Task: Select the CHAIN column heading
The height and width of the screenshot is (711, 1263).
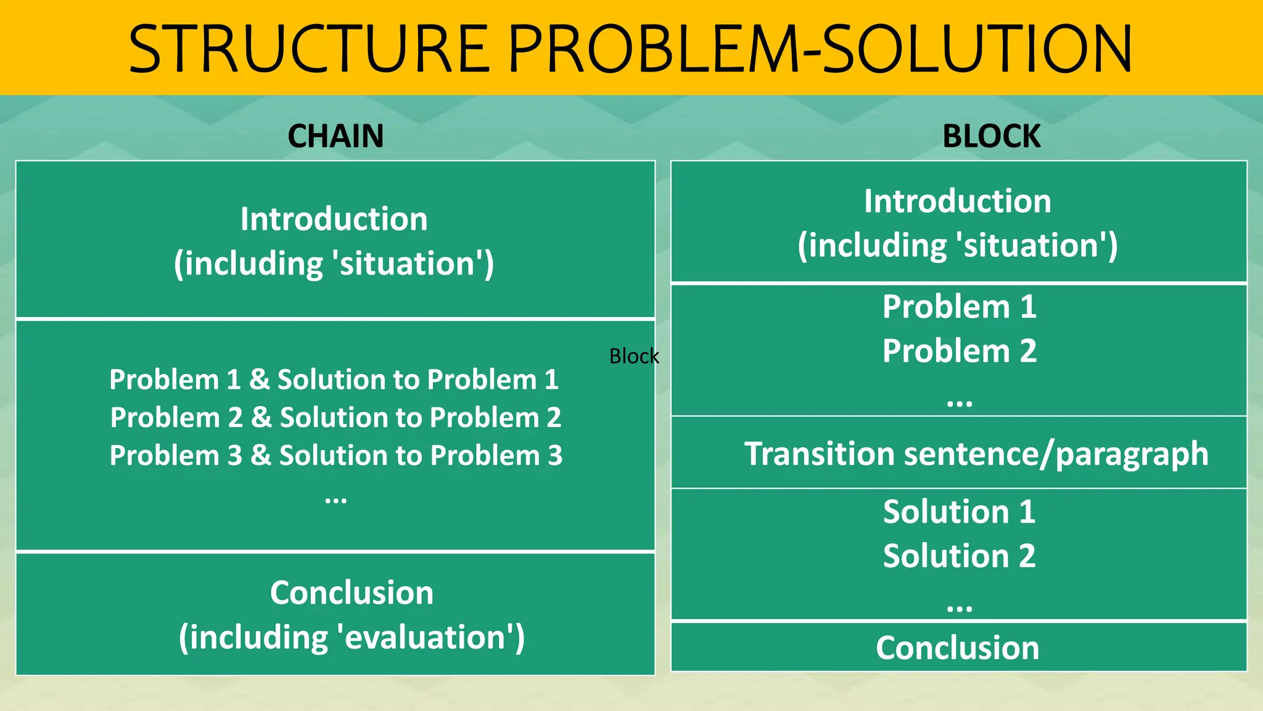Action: click(x=335, y=136)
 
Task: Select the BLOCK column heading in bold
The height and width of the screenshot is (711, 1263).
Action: click(x=991, y=136)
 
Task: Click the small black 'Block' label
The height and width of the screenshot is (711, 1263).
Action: click(x=633, y=356)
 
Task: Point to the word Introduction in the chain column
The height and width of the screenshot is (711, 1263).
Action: click(x=334, y=219)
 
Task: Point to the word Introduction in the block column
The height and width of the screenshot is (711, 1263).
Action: click(x=957, y=201)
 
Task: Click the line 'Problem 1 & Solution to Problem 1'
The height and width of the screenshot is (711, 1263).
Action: click(x=334, y=380)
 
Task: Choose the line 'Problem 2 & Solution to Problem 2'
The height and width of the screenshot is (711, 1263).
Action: click(x=335, y=418)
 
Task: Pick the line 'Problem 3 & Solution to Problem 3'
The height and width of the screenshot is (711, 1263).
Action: click(x=335, y=455)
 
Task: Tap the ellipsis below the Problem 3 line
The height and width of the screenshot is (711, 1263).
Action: click(x=335, y=499)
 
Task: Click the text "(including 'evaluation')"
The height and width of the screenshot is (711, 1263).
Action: click(x=352, y=637)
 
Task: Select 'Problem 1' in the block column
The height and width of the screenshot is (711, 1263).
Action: click(x=959, y=307)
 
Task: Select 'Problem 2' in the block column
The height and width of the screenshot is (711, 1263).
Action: click(x=959, y=351)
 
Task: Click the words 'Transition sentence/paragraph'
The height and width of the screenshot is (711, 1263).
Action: click(x=976, y=454)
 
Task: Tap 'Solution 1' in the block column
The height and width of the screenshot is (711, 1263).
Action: click(x=959, y=512)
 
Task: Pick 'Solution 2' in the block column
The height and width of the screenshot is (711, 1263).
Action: click(x=959, y=556)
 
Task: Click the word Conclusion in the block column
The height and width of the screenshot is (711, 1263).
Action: click(x=957, y=648)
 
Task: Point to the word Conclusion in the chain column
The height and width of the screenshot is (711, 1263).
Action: click(x=352, y=593)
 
